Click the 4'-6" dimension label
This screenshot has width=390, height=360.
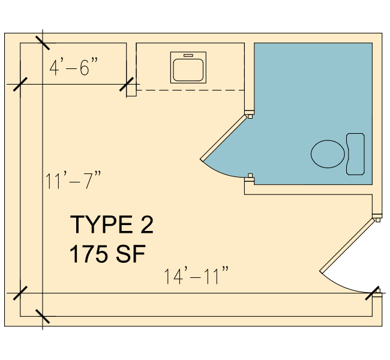coord(74,67)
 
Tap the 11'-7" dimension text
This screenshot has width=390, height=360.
coord(73,180)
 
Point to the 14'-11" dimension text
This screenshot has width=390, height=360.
coord(196,275)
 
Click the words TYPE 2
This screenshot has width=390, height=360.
coord(112,224)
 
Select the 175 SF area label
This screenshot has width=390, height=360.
coord(107,254)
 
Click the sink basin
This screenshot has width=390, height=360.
coord(188,70)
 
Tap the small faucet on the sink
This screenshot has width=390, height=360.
coord(188,55)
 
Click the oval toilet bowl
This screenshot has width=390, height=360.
coord(328,154)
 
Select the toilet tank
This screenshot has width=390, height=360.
coord(355,154)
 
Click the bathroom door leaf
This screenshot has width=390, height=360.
coord(224,137)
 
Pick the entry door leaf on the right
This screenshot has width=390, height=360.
coord(347,245)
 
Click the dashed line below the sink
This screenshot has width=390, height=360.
coord(191,91)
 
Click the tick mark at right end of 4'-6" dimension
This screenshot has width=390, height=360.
coord(127,84)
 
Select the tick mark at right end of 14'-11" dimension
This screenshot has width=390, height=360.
coord(372,293)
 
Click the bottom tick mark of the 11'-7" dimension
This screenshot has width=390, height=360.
coord(43,316)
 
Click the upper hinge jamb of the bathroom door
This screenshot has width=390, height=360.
coord(250,114)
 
